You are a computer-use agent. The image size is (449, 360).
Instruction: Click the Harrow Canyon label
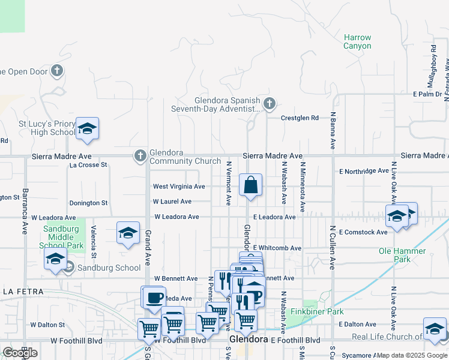(357, 41)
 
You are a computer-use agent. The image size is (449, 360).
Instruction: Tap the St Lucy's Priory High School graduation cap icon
(87, 128)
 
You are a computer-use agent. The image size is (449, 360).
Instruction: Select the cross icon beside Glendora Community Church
(140, 156)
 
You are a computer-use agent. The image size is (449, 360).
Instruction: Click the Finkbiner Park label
(317, 311)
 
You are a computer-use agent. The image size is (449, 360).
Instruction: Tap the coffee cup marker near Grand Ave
(153, 297)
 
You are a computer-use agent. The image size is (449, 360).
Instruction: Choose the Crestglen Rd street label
(300, 118)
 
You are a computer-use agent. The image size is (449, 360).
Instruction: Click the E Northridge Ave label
(363, 171)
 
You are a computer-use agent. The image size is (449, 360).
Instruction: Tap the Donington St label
(88, 203)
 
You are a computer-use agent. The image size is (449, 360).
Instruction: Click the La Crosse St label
(88, 164)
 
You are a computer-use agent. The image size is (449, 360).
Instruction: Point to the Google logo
(20, 353)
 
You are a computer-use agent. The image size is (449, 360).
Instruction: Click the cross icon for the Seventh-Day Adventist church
(270, 104)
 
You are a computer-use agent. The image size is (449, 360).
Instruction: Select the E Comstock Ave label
(363, 232)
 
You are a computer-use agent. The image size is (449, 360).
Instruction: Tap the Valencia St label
(93, 238)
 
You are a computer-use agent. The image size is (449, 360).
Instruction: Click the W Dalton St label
(47, 324)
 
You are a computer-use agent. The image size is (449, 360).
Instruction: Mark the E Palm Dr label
(427, 94)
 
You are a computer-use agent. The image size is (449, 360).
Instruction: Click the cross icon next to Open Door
(57, 71)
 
